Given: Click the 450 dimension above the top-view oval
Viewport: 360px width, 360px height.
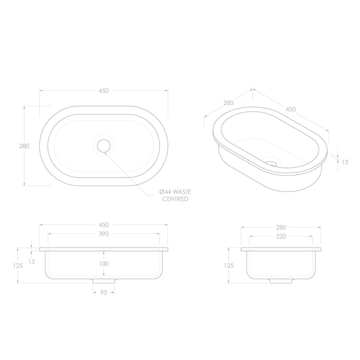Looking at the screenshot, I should pos(103,90).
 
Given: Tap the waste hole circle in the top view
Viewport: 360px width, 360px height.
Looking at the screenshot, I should pos(103,146).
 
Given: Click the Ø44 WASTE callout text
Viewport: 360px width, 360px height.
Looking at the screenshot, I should pos(175,192).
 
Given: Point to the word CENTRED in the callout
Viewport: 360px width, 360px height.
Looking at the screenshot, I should pos(175,199).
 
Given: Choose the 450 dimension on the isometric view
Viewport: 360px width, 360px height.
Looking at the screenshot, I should pos(290,109).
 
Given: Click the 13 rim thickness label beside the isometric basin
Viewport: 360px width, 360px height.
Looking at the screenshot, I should pos(344,161).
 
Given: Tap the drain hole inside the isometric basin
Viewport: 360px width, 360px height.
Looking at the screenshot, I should pos(271,162).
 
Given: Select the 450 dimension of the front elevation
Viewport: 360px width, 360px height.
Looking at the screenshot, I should pos(103,225).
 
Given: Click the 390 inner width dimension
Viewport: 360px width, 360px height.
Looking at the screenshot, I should pos(103,233).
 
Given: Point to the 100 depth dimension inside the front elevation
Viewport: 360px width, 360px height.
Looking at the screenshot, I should pos(103,263).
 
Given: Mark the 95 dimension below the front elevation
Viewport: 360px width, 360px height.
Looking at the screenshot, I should pos(103,292).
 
